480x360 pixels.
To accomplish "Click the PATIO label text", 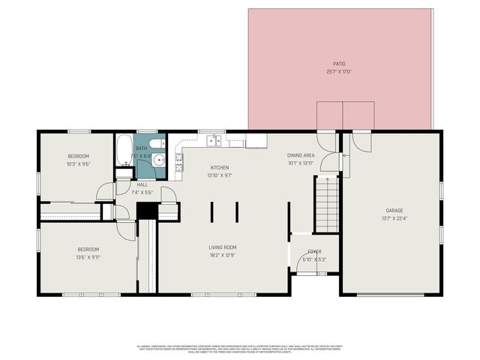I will click(x=340, y=64).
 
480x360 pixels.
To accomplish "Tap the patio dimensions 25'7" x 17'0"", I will click(x=340, y=72).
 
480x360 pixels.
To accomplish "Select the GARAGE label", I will click(x=394, y=211).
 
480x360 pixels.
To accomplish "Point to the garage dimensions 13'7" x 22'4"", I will click(x=394, y=219).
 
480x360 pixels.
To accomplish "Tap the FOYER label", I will click(x=314, y=252).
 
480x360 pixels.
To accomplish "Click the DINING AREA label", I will click(x=301, y=155).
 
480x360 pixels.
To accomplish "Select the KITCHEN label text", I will click(x=220, y=167).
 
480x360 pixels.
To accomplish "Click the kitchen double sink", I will click(x=215, y=139).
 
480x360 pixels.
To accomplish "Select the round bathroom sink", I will click(x=159, y=160).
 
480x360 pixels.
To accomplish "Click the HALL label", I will click(x=142, y=184).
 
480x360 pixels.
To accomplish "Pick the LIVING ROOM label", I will click(x=222, y=247).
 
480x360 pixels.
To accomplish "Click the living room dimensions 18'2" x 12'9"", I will click(x=222, y=255).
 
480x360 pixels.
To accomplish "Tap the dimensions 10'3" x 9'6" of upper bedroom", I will click(x=79, y=163).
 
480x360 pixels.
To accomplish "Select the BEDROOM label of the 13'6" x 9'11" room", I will click(x=88, y=249).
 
